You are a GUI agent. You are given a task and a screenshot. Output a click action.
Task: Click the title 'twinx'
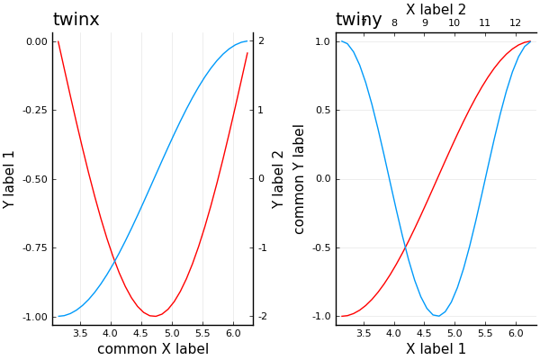click(76, 20)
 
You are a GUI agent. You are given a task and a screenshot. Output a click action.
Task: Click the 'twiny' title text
click(358, 20)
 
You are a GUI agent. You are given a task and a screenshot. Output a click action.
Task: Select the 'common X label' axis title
click(153, 349)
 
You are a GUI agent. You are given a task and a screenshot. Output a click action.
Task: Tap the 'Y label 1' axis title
click(10, 179)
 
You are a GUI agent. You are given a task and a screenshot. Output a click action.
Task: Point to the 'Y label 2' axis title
click(279, 179)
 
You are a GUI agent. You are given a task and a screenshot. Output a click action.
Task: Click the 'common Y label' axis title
click(300, 179)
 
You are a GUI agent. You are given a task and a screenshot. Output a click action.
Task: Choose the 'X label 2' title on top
click(436, 9)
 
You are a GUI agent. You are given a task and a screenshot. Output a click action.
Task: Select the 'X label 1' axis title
click(436, 349)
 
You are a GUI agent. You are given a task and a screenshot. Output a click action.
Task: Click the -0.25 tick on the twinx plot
click(36, 110)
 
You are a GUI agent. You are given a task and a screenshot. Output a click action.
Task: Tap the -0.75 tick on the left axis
click(36, 247)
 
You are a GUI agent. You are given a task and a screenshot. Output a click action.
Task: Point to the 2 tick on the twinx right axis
click(261, 41)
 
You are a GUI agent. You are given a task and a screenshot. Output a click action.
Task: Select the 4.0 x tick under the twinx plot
click(111, 333)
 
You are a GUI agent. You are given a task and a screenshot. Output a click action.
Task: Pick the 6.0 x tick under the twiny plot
click(515, 333)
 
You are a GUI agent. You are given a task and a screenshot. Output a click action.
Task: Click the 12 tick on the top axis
click(515, 23)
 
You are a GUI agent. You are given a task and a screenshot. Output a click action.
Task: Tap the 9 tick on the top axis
click(425, 23)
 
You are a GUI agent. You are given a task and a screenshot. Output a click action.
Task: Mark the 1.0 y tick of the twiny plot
click(320, 41)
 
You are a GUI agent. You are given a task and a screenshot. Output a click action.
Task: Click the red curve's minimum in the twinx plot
click(156, 316)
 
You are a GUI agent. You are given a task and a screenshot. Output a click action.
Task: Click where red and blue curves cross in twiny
click(405, 246)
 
